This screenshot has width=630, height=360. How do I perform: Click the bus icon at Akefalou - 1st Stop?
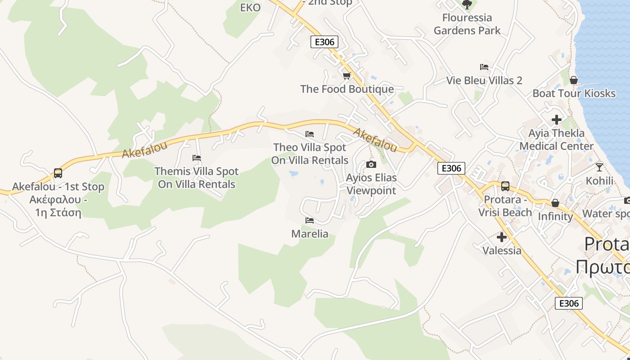(58, 173)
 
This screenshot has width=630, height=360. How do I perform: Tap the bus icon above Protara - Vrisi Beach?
(505, 186)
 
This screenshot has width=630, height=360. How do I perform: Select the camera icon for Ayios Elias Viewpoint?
(371, 165)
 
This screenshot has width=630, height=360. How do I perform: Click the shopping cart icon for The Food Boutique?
(346, 76)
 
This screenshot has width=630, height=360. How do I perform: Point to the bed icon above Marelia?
(310, 220)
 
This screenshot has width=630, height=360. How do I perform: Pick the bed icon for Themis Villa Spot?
(197, 158)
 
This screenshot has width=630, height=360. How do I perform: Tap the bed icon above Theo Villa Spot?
(310, 134)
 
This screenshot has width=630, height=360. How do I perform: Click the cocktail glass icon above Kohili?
(599, 167)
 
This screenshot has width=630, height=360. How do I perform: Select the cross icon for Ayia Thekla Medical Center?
(557, 120)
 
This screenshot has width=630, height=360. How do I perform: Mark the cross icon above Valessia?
(502, 237)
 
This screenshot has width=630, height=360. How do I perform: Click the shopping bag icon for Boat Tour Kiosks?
(574, 80)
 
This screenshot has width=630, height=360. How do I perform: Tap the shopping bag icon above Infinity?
(555, 203)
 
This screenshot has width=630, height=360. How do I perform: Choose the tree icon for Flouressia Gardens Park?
(467, 4)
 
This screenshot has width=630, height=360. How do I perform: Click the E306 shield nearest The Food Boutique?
(324, 42)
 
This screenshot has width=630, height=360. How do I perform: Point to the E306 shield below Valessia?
(568, 303)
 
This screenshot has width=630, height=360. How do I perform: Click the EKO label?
(251, 8)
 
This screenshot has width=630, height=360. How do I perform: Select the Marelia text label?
(310, 234)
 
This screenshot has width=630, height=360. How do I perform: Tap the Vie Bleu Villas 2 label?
(484, 81)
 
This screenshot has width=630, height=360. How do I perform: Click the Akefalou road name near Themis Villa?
(144, 149)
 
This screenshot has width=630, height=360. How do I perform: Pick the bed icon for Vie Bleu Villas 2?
(484, 67)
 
